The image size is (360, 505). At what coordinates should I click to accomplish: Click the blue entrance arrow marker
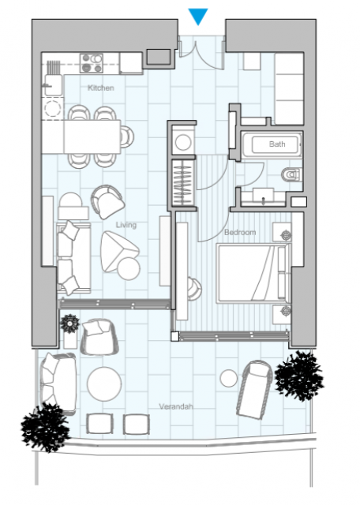click(198, 16)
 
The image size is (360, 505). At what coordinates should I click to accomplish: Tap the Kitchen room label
click(101, 88)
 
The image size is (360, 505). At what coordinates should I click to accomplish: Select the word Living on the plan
click(126, 224)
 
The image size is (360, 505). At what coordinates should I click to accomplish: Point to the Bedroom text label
click(240, 232)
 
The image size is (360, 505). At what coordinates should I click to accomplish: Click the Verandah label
click(176, 406)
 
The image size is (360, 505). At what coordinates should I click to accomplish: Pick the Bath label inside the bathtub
click(277, 144)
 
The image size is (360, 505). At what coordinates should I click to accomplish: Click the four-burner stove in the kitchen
click(92, 63)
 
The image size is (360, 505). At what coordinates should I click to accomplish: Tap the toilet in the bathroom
click(292, 175)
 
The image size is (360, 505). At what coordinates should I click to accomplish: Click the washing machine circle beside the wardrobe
click(183, 142)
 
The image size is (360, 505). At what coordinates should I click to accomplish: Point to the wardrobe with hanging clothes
click(182, 182)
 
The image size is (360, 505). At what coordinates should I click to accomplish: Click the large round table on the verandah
click(104, 384)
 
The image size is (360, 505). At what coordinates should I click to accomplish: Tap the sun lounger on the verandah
click(254, 389)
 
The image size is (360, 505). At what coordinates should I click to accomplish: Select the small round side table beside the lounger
click(229, 379)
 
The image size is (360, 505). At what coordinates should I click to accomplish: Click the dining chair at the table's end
click(127, 137)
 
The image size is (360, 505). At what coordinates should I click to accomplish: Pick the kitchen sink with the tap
click(54, 85)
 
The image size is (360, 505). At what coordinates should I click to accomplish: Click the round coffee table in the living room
click(129, 268)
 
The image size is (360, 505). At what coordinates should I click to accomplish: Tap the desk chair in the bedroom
click(195, 289)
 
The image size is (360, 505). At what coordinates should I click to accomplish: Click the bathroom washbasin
click(264, 196)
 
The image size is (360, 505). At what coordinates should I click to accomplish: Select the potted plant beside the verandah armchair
click(70, 324)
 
